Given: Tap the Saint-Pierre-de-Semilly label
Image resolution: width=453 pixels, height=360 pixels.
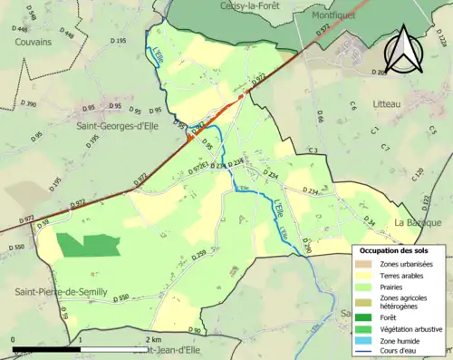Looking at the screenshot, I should pyautogui.click(x=60, y=291).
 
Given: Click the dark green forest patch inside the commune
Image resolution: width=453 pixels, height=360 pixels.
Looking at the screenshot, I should pyautogui.click(x=88, y=244).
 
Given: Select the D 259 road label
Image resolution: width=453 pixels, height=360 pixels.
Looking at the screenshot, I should pyautogui.click(x=200, y=258).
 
